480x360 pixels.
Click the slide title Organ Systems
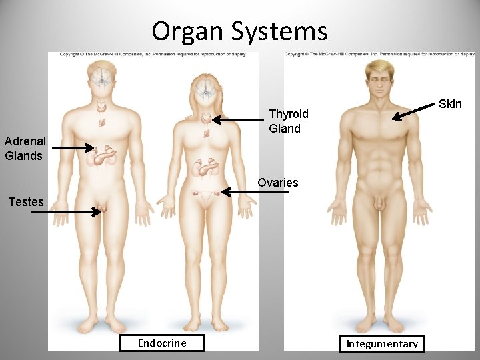[x=239, y=31]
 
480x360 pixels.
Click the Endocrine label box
[x=162, y=343]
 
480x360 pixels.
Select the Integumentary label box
[x=381, y=343]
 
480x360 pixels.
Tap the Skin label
[x=450, y=103]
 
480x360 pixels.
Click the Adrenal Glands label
[x=25, y=149]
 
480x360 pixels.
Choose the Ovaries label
[x=278, y=182]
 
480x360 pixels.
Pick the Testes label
[x=26, y=201]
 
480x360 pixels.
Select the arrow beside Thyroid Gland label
[x=239, y=120]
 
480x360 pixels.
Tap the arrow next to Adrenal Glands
[x=73, y=148]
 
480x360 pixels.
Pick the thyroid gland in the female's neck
[x=207, y=119]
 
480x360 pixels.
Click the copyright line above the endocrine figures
[x=153, y=54]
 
